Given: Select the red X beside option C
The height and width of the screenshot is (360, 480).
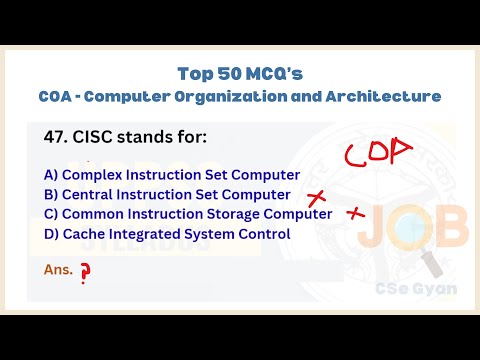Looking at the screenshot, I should point(355,213).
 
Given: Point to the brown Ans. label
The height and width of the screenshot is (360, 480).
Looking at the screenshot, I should point(59,270).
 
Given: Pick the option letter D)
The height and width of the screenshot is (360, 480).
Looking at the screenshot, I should point(51,234).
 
